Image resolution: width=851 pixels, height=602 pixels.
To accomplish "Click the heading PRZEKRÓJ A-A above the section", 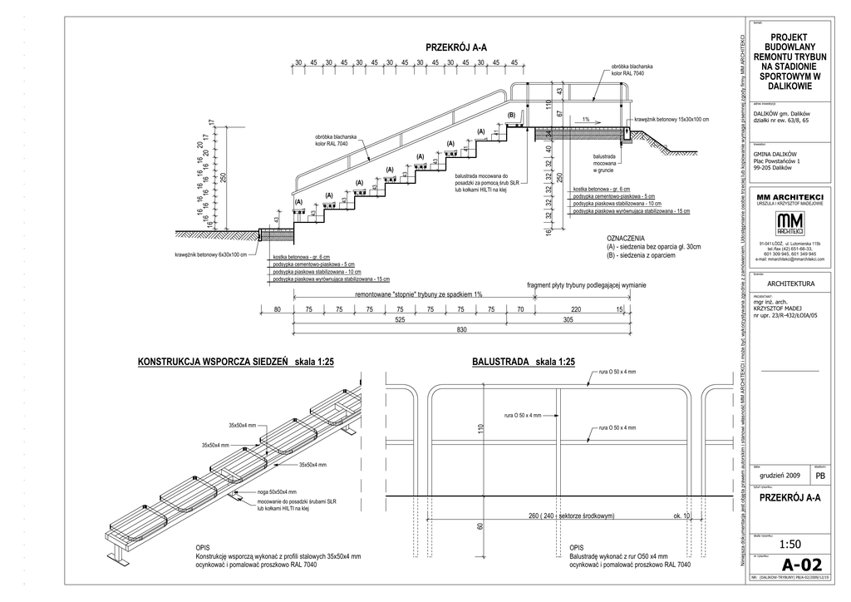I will click(x=455, y=48).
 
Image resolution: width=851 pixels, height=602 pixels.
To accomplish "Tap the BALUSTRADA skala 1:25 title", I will click(x=524, y=363).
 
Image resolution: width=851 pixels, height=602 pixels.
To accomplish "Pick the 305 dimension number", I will click(x=568, y=320).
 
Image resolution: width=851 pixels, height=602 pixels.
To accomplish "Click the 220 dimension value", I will click(x=575, y=309).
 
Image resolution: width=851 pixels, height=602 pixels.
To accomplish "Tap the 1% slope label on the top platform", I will click(x=586, y=119).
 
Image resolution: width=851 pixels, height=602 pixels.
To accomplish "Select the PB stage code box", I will click(x=820, y=476).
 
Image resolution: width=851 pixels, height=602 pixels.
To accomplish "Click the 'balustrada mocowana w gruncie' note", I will click(x=605, y=164).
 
